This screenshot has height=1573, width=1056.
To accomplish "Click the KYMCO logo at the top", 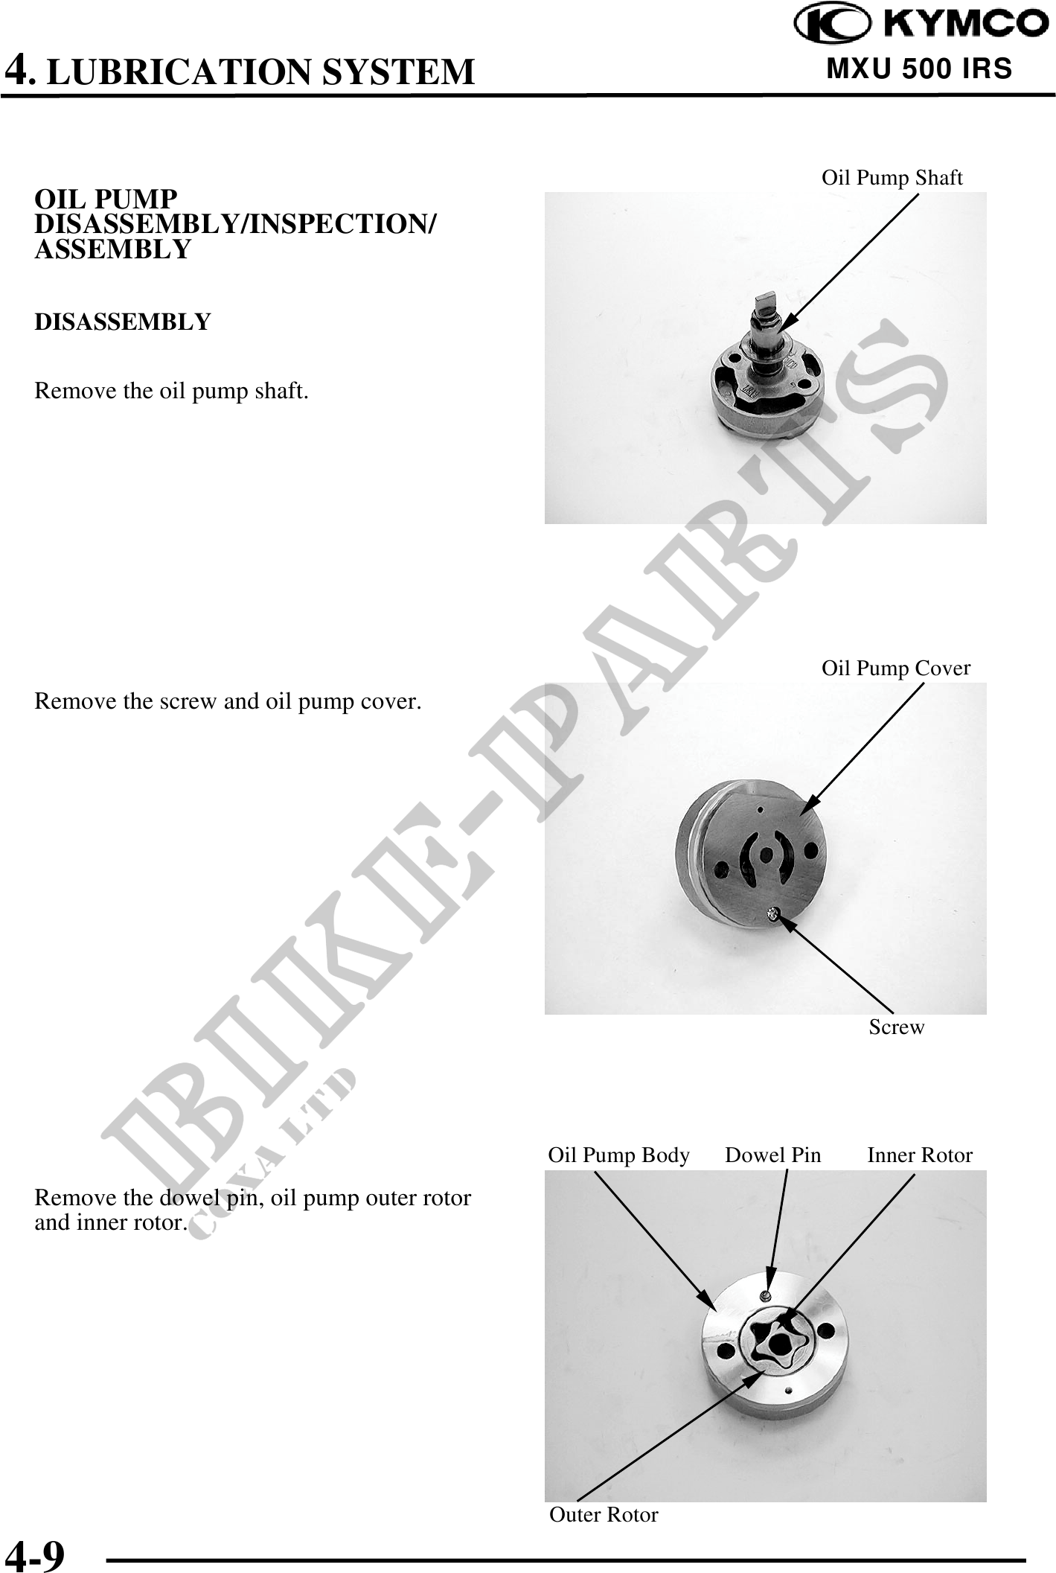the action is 921,24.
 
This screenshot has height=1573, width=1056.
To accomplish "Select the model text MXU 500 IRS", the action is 920,69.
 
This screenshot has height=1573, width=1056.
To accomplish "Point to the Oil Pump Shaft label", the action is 892,177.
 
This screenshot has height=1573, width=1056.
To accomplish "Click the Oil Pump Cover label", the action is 895,668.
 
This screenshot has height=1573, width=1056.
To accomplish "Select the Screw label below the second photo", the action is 897,1027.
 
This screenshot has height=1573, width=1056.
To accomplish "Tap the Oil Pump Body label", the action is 619,1155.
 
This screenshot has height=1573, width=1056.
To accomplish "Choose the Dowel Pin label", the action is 773,1155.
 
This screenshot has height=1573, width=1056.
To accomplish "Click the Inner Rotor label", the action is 920,1155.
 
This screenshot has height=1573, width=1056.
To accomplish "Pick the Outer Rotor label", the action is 604,1514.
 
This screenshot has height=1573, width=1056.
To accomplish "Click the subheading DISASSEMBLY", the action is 123,322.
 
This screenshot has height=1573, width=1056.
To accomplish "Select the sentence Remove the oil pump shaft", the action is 171,391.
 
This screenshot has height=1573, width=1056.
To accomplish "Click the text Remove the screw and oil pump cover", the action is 228,702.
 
